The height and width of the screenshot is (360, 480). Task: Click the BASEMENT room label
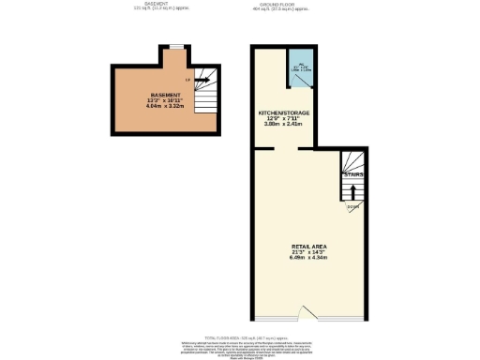tap(165, 97)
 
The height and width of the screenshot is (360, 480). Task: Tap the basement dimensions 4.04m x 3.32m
tap(165, 108)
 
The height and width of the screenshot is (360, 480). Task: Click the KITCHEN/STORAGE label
tap(284, 113)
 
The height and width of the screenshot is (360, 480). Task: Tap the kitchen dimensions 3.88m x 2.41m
tap(284, 125)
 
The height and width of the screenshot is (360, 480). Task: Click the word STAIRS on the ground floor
tap(353, 174)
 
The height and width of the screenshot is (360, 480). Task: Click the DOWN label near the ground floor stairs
tap(352, 206)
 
